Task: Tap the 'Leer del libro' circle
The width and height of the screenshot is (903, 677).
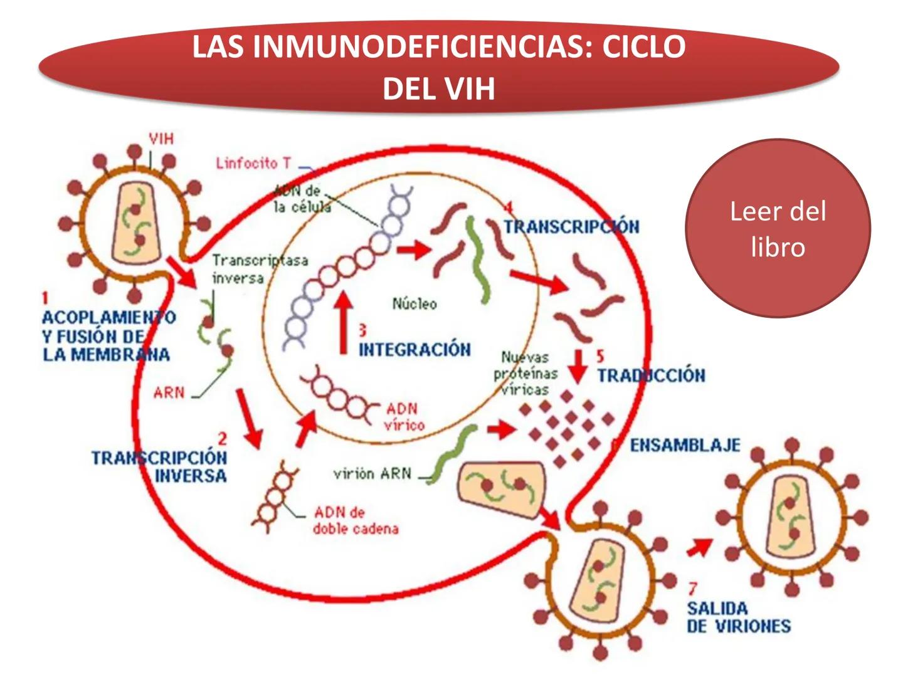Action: tap(778, 229)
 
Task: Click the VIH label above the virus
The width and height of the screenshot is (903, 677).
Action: tap(161, 139)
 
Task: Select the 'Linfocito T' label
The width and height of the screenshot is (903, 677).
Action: tap(253, 163)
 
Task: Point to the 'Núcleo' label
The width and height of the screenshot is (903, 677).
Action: tap(415, 304)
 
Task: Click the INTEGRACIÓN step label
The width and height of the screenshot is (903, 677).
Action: tap(415, 349)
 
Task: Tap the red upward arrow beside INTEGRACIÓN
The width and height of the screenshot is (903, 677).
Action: tap(343, 323)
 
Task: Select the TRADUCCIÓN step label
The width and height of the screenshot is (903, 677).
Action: tap(651, 375)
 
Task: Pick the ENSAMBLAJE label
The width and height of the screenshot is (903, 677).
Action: tap(685, 446)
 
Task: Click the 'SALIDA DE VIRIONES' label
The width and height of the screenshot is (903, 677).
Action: tap(738, 617)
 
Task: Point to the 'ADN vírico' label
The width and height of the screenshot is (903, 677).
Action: tap(404, 417)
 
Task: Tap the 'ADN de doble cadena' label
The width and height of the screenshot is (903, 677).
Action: tap(356, 520)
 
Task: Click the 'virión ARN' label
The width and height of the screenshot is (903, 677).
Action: tap(372, 474)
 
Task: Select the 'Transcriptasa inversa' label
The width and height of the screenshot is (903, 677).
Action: tap(259, 268)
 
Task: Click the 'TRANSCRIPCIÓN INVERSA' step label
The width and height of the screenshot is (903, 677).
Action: tap(159, 466)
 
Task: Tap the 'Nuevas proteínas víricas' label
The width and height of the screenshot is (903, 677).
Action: tap(525, 374)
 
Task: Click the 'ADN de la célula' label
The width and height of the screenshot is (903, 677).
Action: tap(302, 199)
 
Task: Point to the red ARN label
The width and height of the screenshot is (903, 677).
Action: tap(169, 393)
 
